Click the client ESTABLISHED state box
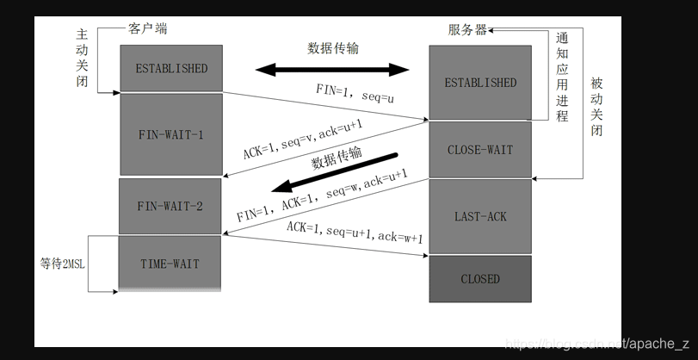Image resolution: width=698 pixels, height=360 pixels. click(x=171, y=68)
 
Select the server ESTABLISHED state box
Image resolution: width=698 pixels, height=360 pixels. click(x=480, y=83)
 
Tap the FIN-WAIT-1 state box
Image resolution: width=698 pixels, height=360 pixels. click(x=171, y=134)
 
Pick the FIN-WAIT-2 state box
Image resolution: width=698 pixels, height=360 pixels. click(x=170, y=206)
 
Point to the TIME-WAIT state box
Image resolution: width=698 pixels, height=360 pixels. click(x=170, y=264)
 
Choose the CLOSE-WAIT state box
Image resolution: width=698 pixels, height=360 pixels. click(x=480, y=150)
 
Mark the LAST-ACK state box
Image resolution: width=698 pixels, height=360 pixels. click(x=480, y=216)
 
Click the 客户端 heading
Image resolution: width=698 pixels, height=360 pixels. click(x=149, y=28)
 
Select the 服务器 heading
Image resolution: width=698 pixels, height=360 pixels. click(x=466, y=29)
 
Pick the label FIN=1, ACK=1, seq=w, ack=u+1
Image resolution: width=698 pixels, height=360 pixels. click(x=324, y=196)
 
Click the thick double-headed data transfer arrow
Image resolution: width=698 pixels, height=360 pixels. click(x=331, y=68)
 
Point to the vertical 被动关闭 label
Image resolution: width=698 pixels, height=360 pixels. click(x=597, y=107)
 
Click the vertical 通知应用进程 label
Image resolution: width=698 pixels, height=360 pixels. click(x=562, y=77)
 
